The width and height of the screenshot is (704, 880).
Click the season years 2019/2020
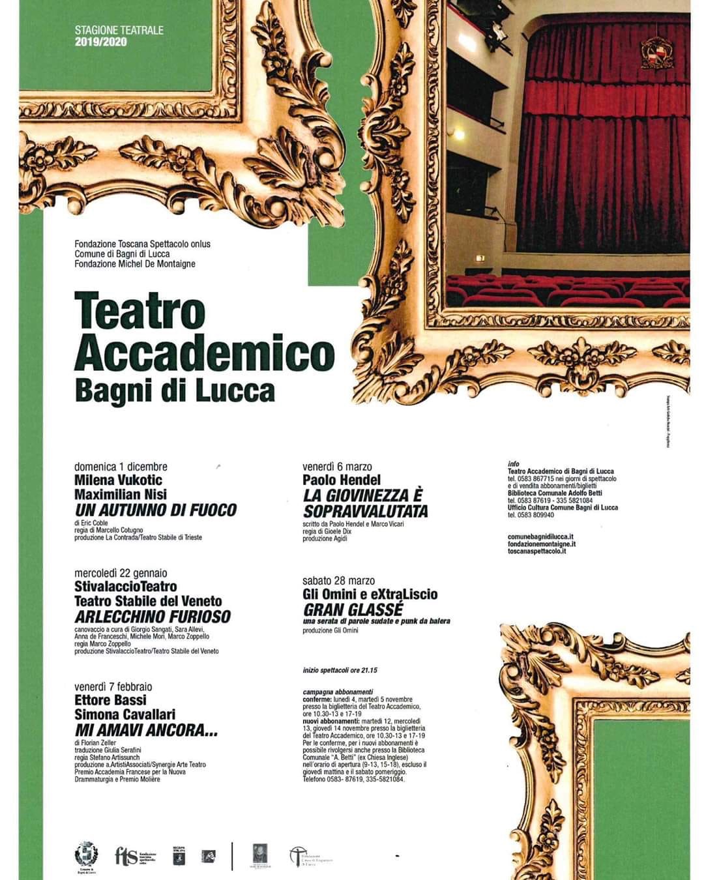coord(101,42)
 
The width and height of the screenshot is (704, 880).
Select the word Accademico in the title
coord(204,352)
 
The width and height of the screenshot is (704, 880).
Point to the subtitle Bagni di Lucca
coord(175,390)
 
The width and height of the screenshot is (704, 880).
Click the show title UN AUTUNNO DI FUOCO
coord(155,510)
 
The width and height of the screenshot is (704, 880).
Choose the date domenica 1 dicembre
coord(121,467)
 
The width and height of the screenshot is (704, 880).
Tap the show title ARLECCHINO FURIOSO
coord(153,617)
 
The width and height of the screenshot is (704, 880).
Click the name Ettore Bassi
coord(110,701)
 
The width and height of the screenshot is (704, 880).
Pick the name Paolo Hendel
coord(342,480)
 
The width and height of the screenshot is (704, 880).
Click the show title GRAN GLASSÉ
coord(353,609)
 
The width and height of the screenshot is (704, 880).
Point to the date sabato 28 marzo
coord(339,580)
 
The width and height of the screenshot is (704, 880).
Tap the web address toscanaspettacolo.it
coord(537,551)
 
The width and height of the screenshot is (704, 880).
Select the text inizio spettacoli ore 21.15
coord(340,671)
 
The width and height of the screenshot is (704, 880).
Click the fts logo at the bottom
coord(125,855)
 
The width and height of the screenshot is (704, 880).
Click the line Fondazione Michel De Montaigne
coord(135,263)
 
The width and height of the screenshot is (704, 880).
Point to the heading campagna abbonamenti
coord(338,692)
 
